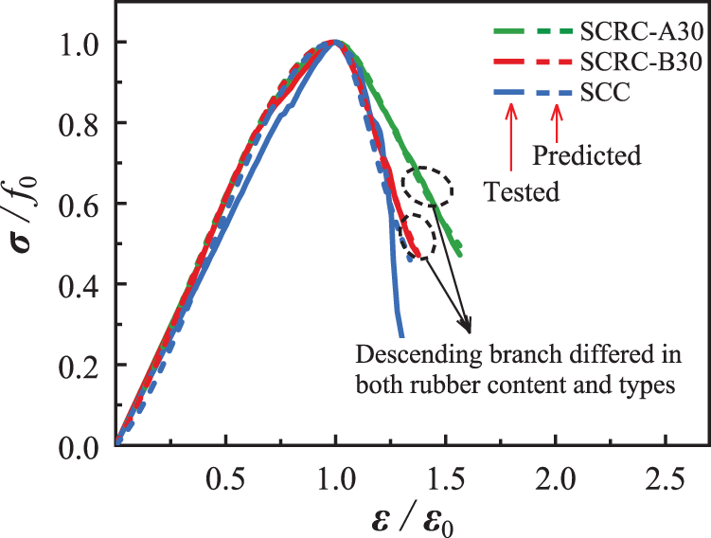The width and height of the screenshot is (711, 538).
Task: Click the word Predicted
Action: (587, 153)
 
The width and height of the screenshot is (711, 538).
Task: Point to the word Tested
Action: (523, 192)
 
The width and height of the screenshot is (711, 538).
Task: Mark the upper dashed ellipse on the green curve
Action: (426, 188)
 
